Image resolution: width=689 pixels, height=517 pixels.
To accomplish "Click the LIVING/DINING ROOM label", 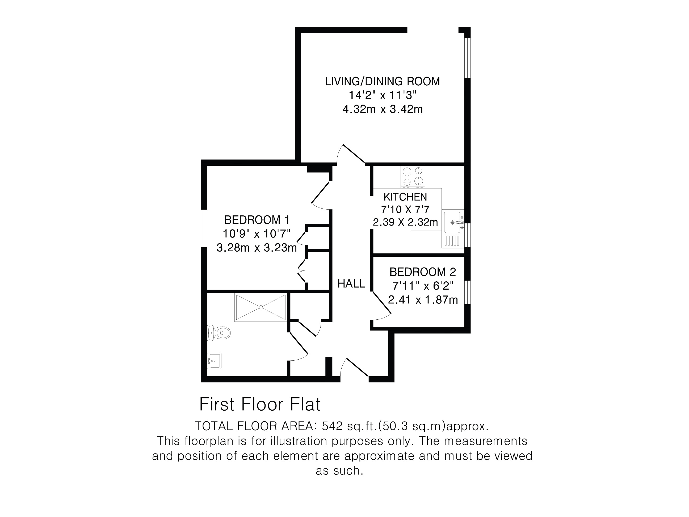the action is (383, 81).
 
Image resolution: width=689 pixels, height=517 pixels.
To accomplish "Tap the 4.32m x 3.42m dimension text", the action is (383, 109).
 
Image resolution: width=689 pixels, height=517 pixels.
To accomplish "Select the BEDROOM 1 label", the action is (257, 220).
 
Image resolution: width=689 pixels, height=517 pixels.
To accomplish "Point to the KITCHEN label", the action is (405, 197).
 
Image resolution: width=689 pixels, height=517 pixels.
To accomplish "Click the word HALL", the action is (351, 283).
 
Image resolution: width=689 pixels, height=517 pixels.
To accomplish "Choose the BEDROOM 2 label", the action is (423, 272).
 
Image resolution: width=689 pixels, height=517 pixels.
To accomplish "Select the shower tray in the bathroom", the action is (261, 307).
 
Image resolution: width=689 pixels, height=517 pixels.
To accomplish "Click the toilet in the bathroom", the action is (219, 333).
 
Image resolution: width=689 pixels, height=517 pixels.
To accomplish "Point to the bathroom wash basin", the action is (214, 361).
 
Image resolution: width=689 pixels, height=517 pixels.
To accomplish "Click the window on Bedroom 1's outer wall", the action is (204, 228).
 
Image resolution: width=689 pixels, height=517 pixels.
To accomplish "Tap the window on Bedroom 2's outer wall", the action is (467, 292).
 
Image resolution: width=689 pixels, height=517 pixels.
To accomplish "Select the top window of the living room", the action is (433, 30).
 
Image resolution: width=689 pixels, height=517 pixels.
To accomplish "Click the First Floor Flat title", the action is (260, 405).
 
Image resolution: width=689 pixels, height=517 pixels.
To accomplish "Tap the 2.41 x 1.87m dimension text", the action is (423, 300).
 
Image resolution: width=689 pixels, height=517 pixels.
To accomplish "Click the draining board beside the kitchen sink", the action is (452, 241).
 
